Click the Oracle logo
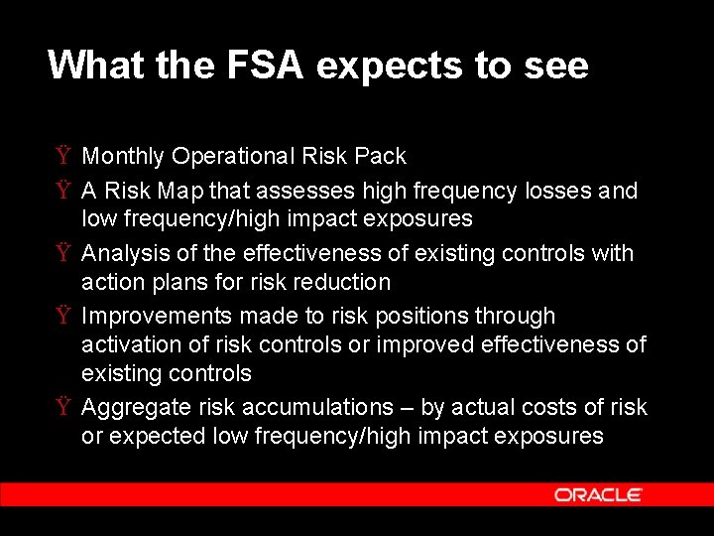(x=598, y=494)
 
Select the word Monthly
(x=123, y=157)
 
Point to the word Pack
(x=382, y=156)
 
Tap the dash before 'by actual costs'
(x=407, y=407)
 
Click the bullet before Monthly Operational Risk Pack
(x=62, y=156)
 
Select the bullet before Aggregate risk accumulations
(x=62, y=407)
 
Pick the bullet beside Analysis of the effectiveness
(x=62, y=253)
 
